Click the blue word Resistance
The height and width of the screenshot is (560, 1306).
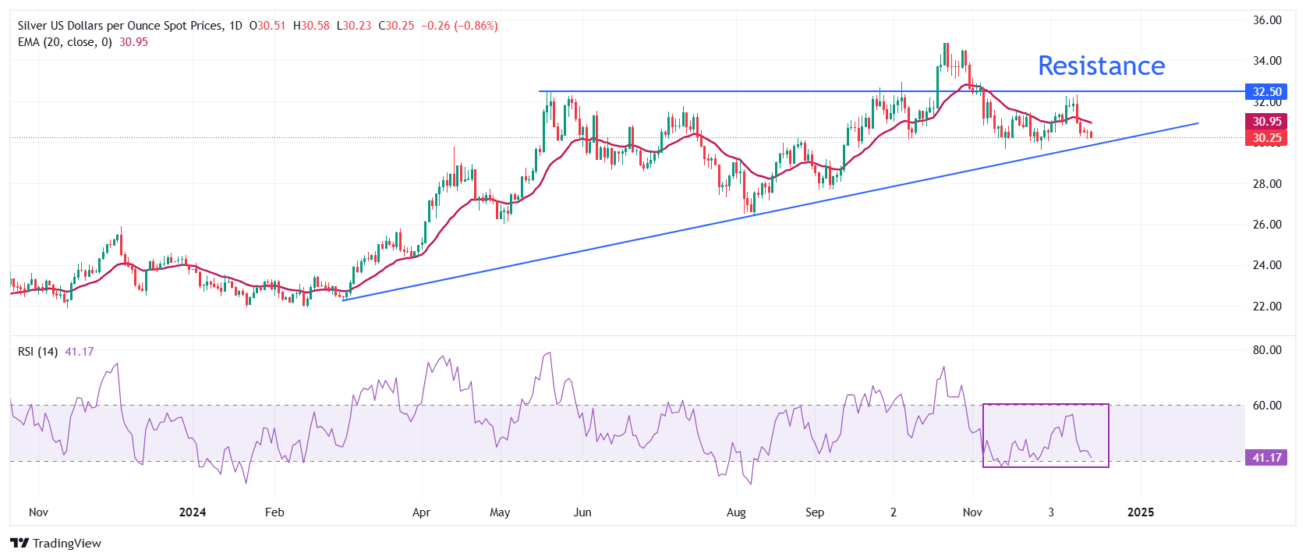(x=1101, y=66)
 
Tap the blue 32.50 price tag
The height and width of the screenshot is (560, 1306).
(x=1267, y=92)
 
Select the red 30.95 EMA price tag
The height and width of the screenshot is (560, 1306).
(x=1267, y=122)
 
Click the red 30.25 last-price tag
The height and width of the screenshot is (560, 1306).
(x=1267, y=138)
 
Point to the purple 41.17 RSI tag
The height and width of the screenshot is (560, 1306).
(x=1267, y=458)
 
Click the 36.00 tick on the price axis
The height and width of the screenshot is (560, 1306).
(x=1267, y=20)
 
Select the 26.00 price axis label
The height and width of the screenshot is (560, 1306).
(x=1267, y=225)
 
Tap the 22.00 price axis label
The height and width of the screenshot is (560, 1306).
(x=1267, y=307)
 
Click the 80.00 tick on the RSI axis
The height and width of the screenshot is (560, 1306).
(x=1267, y=350)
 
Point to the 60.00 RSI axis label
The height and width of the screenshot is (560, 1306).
(x=1267, y=406)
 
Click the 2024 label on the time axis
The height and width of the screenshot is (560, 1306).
(x=193, y=512)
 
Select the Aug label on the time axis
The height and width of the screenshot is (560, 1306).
(x=736, y=512)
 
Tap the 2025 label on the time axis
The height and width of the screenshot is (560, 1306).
(x=1141, y=512)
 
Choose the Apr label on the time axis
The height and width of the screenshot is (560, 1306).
(x=421, y=512)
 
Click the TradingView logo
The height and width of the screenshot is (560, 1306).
(x=56, y=543)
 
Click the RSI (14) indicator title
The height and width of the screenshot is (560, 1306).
(x=37, y=352)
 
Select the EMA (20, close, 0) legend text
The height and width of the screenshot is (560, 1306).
(x=65, y=42)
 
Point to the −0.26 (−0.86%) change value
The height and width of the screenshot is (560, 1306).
(x=459, y=26)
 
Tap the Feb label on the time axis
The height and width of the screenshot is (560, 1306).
(x=274, y=512)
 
